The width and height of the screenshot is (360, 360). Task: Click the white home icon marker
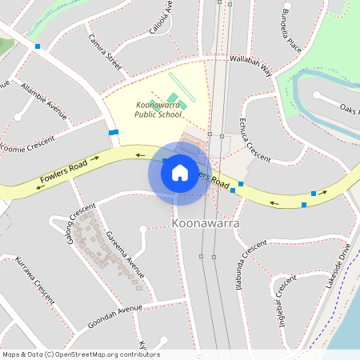pos(179,172)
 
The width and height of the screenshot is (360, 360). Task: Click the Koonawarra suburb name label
pos(206,223)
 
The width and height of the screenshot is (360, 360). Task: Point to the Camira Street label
pos(105,54)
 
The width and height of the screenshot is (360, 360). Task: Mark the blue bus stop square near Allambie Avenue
pos(38,46)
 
